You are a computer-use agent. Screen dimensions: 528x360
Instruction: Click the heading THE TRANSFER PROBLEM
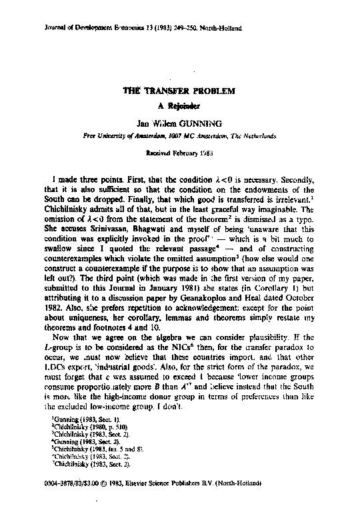(x=179, y=91)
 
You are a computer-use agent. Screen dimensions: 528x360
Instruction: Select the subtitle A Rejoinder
(x=179, y=106)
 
